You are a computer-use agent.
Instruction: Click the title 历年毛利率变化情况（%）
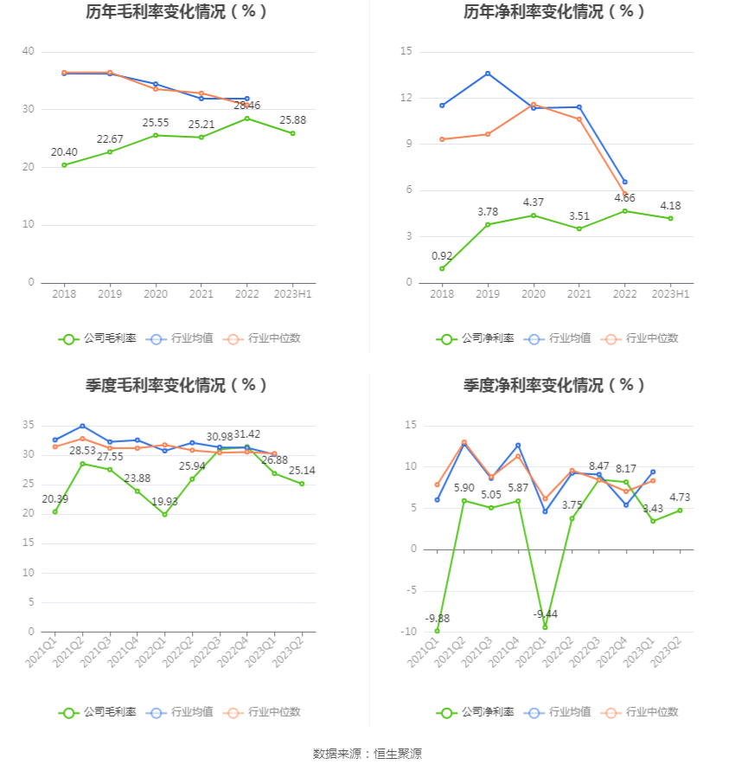pyautogui.click(x=176, y=12)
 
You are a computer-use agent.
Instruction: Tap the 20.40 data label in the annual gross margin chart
pyautogui.click(x=64, y=152)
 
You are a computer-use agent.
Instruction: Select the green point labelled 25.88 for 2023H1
pyautogui.click(x=293, y=133)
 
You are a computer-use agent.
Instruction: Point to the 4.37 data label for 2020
pyautogui.click(x=534, y=202)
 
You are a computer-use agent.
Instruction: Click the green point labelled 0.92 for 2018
pyautogui.click(x=442, y=268)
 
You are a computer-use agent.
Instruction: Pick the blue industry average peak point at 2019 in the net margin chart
pyautogui.click(x=488, y=74)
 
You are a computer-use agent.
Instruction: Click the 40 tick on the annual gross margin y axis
pyautogui.click(x=29, y=52)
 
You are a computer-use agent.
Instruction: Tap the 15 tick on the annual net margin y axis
pyautogui.click(x=406, y=52)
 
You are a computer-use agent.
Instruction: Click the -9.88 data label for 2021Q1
pyautogui.click(x=438, y=619)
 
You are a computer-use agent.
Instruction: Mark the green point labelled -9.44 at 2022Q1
pyautogui.click(x=545, y=626)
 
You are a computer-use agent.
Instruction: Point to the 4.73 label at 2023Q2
pyautogui.click(x=680, y=498)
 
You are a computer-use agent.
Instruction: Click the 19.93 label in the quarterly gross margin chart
pyautogui.click(x=164, y=501)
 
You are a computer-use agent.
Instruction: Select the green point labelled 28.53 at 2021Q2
pyautogui.click(x=82, y=464)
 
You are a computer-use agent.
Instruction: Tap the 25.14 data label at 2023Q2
pyautogui.click(x=302, y=471)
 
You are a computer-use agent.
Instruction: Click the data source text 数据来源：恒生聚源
pyautogui.click(x=367, y=754)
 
